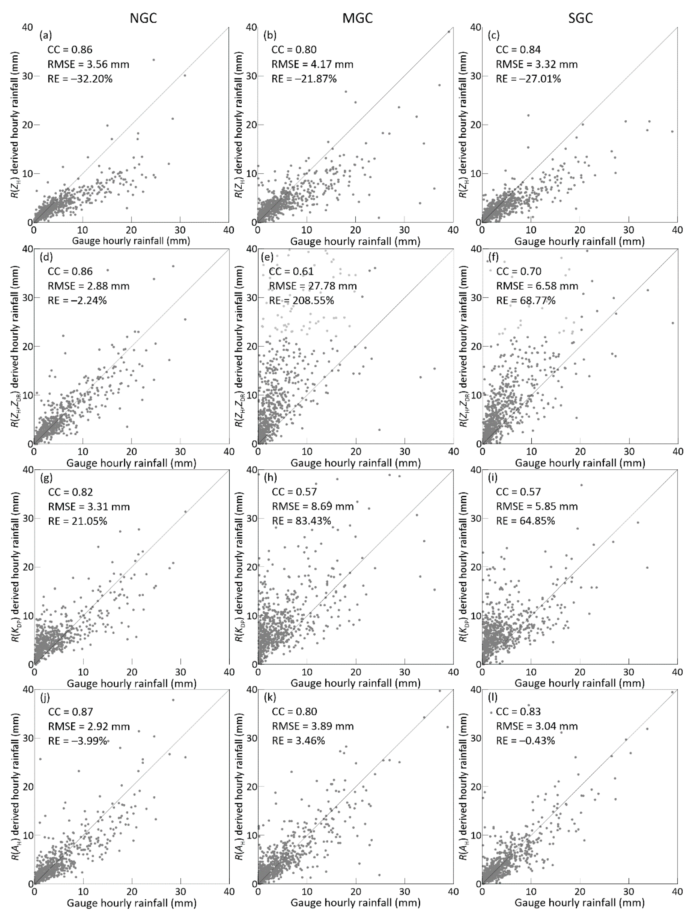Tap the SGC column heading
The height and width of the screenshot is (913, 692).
tap(580, 19)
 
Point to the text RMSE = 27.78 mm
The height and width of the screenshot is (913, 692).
tap(313, 286)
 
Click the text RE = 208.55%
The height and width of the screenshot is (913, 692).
tap(302, 300)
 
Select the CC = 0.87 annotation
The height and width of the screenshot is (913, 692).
tap(70, 711)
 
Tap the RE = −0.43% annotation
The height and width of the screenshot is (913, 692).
tap(525, 740)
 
